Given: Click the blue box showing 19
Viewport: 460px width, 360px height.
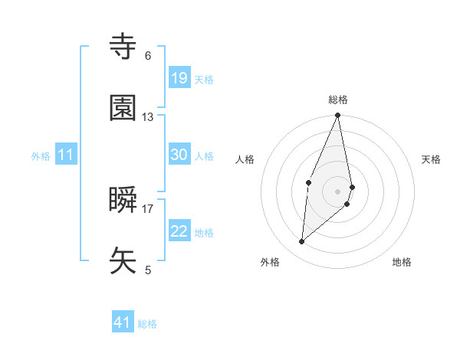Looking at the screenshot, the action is pos(179,78).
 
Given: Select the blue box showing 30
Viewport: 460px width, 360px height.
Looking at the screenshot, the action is pos(179,155).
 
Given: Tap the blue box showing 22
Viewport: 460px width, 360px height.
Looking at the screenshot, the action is pos(179,231).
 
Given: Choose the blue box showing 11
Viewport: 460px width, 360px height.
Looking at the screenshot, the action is pos(66,155).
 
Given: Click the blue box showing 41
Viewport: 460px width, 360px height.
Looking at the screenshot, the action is pos(123,322).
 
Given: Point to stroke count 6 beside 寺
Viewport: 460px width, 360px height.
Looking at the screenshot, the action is pos(148,56).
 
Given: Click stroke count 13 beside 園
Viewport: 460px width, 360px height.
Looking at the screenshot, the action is pos(148,117).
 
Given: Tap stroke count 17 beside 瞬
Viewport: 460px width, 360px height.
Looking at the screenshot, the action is pos(148,208).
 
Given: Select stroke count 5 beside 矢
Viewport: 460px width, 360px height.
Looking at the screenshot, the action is pos(148,270).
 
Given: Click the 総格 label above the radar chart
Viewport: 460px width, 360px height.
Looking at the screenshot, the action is pos(338,100).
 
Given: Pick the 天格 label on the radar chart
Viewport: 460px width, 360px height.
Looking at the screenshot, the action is pos(432,159).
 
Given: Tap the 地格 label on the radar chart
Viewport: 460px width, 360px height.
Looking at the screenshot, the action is pos(402,262).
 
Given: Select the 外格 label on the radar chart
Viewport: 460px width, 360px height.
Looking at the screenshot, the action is pos(270,262).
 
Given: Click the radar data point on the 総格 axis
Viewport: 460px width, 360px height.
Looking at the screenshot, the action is pos(337,116).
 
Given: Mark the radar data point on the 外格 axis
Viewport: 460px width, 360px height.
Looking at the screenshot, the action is pos(302,242).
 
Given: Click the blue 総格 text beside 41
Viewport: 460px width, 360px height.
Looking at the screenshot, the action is pos(148,324).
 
